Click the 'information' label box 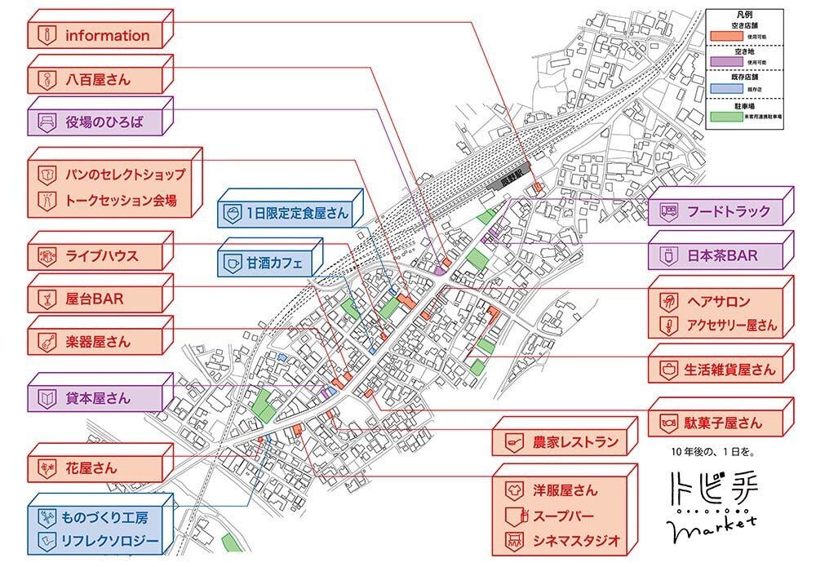tap(98, 36)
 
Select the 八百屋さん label tap(98, 80)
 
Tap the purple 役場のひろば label tap(98, 123)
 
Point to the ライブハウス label tap(98, 255)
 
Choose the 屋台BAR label tap(98, 299)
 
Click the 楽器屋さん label tap(98, 342)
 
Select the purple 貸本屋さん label tap(98, 399)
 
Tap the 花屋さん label tap(98, 468)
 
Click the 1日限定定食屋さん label tap(286, 213)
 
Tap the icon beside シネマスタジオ tap(515, 541)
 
